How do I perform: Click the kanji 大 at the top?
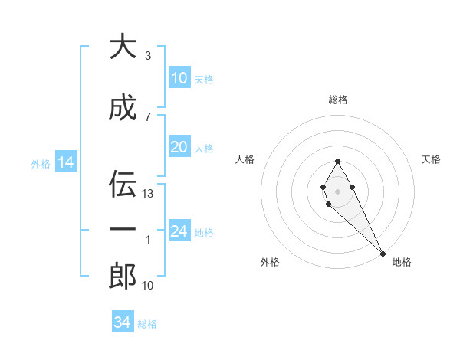[123, 47]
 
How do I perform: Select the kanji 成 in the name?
[123, 109]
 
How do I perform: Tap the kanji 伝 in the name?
[123, 182]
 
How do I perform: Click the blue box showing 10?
[179, 78]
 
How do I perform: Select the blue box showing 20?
[179, 148]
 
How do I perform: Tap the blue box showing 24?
[179, 232]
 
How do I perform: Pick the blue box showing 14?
[66, 162]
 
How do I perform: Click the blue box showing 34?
[123, 323]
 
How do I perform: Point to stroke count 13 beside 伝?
[149, 194]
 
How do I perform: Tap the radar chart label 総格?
[338, 100]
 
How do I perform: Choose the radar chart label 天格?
[432, 159]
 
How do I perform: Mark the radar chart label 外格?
[270, 262]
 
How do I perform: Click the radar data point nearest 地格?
[383, 253]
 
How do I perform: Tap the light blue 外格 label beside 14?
[40, 163]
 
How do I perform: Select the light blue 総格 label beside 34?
[147, 324]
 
